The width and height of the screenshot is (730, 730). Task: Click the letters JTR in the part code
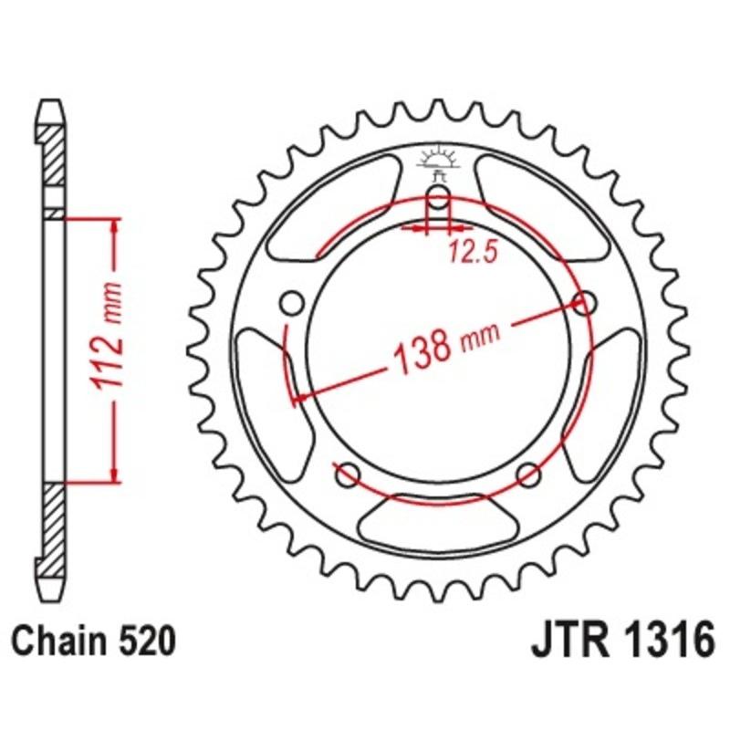click(567, 641)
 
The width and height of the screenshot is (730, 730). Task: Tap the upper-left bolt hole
click(293, 302)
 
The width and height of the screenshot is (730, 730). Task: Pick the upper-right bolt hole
click(585, 302)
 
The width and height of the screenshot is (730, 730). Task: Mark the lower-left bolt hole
click(346, 474)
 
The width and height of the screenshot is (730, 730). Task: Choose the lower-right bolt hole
click(527, 474)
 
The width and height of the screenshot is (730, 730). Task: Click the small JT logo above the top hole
click(439, 163)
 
